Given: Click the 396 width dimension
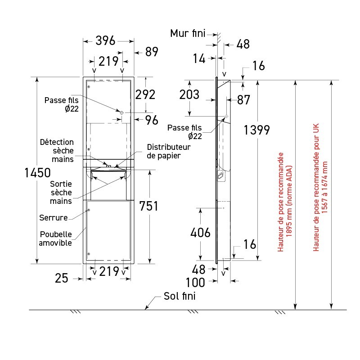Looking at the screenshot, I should coord(106,41).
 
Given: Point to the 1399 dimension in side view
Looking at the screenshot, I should coord(256,130).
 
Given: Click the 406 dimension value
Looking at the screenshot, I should coord(200,233).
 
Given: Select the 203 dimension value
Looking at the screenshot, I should coord(189,95).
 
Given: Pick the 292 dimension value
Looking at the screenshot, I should coord(145,94).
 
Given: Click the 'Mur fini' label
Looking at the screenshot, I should coord(188,33).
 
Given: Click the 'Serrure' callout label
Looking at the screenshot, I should coord(54,218).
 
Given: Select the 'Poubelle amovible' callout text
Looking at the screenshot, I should coord(55,238).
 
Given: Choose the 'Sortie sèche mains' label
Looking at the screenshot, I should coord(61,192).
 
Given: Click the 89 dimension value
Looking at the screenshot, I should coord(152,52).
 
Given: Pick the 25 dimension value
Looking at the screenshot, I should coord(62,278).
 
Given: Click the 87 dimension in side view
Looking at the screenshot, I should coord(244,100).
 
